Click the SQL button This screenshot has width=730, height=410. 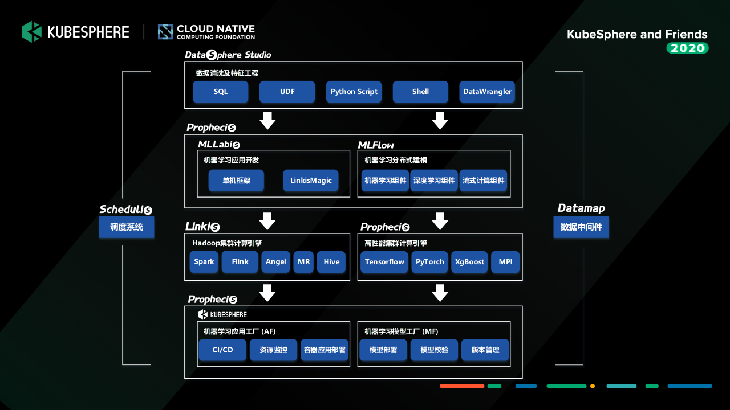(x=221, y=92)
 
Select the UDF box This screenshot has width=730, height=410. (x=287, y=92)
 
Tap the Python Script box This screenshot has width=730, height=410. (x=354, y=92)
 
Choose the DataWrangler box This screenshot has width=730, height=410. (x=487, y=92)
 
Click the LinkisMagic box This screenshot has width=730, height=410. (x=311, y=181)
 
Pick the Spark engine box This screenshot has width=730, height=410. (x=204, y=261)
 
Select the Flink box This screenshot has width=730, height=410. (x=240, y=261)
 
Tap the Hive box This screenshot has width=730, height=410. (x=331, y=261)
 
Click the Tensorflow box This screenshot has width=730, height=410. (x=384, y=261)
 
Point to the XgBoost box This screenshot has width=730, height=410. (x=469, y=261)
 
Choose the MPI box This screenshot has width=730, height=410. (x=505, y=261)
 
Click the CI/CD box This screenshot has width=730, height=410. (x=222, y=350)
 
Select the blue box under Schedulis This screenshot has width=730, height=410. (x=127, y=227)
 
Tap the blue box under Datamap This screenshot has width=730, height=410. (x=581, y=227)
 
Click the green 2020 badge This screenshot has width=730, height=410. (x=688, y=48)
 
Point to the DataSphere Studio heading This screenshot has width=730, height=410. (x=228, y=55)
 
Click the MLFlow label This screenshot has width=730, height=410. (x=376, y=145)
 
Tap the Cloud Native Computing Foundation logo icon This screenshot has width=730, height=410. (x=165, y=32)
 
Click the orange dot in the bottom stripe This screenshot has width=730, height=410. (x=593, y=386)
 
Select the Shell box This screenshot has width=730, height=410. (x=420, y=92)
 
